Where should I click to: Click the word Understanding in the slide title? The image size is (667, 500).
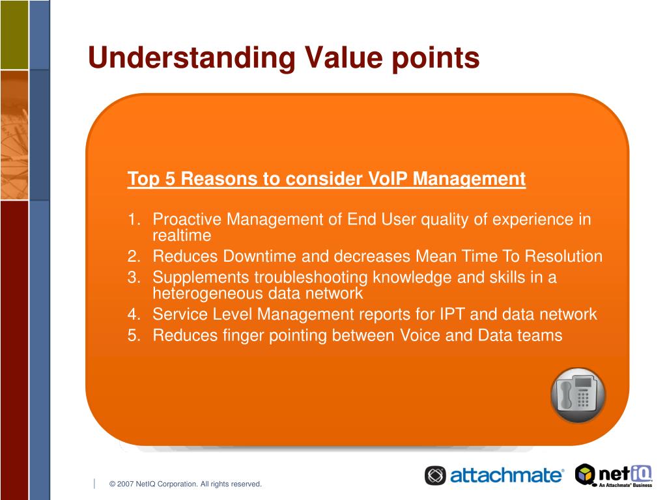[192, 58]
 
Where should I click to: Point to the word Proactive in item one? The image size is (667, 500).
[187, 219]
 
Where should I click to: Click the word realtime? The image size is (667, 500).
[182, 236]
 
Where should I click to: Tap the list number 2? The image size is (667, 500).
[134, 257]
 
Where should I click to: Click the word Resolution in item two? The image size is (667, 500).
[563, 257]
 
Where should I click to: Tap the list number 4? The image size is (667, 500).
[134, 314]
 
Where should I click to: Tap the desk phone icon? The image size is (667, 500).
[578, 395]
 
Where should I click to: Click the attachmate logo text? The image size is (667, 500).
[506, 475]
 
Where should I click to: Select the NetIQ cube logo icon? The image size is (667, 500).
[585, 475]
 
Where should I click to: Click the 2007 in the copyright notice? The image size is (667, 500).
[125, 484]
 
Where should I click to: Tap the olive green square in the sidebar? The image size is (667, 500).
[14, 35]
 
